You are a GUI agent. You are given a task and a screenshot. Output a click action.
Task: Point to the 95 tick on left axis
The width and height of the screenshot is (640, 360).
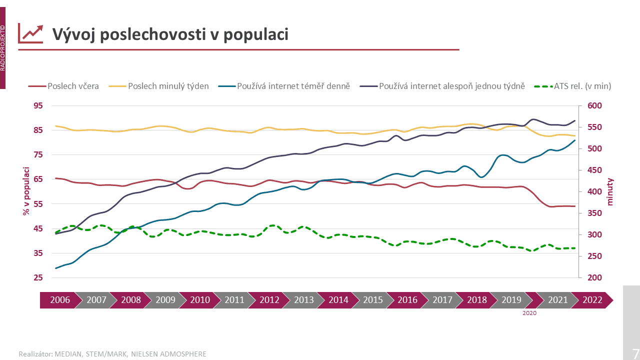38,105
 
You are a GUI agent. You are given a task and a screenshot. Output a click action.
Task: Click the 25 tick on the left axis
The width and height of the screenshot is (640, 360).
38,277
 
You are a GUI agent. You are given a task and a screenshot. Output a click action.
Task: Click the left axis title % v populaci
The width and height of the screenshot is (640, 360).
25,191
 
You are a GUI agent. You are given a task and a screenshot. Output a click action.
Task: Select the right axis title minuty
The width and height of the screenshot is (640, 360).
610,191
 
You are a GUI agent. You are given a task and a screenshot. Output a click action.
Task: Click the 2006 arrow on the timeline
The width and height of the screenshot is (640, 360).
59,300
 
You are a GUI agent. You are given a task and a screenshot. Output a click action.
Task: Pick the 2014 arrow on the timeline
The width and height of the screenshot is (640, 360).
338,300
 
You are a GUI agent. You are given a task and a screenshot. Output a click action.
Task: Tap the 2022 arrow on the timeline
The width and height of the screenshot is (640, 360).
592,300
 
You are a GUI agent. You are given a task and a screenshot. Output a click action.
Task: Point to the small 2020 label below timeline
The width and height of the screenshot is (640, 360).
529,313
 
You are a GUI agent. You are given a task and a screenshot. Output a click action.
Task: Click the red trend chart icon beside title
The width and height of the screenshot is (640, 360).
30,33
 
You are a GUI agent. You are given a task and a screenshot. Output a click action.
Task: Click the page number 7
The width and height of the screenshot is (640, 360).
635,351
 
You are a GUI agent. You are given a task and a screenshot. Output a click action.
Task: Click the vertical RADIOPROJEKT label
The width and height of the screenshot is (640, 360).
3,47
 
